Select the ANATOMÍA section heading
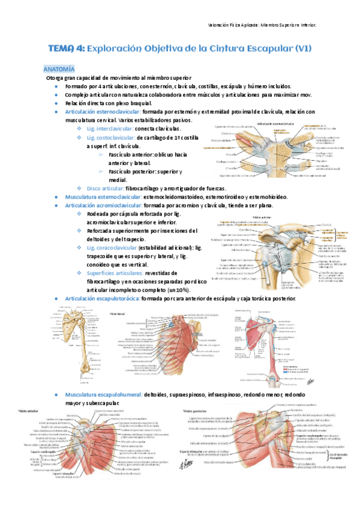(x=59, y=70)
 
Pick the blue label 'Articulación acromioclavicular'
(x=104, y=205)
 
